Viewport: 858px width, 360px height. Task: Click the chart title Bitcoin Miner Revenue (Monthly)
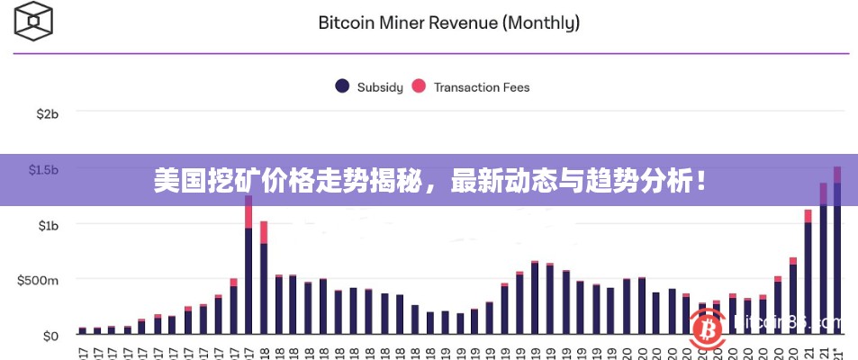[448, 22]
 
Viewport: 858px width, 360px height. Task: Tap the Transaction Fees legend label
[482, 87]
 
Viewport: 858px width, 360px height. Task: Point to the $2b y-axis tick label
[48, 114]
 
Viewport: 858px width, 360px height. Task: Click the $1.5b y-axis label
[43, 169]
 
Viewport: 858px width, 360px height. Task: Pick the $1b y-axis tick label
[48, 224]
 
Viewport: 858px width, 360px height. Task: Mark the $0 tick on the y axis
[50, 336]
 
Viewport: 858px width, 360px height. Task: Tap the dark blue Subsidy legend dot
[342, 86]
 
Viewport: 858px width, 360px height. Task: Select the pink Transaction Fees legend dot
[419, 86]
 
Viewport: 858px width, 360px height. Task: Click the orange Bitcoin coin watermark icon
[709, 329]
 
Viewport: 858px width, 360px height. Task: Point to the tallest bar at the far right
[837, 252]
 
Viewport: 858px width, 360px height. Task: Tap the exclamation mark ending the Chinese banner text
[700, 182]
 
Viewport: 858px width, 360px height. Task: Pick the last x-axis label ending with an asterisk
[838, 354]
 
